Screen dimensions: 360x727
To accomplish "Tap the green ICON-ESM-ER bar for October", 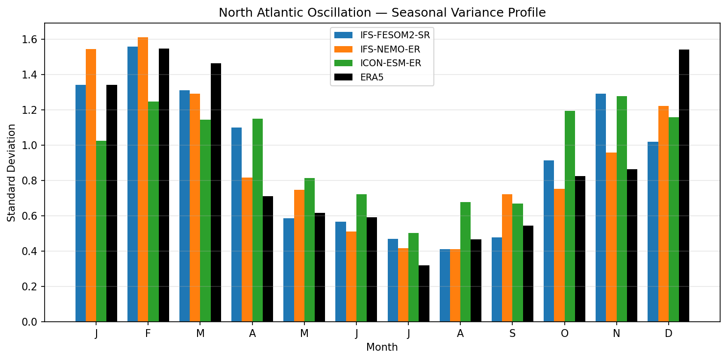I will [x=570, y=216].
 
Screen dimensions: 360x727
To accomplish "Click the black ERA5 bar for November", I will [x=632, y=245].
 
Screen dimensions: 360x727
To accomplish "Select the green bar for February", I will [x=153, y=211].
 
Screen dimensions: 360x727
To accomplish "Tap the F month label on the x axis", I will [x=148, y=334].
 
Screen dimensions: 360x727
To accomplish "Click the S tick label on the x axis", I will [x=512, y=334].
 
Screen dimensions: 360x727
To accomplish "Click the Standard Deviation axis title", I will [x=11, y=173].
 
